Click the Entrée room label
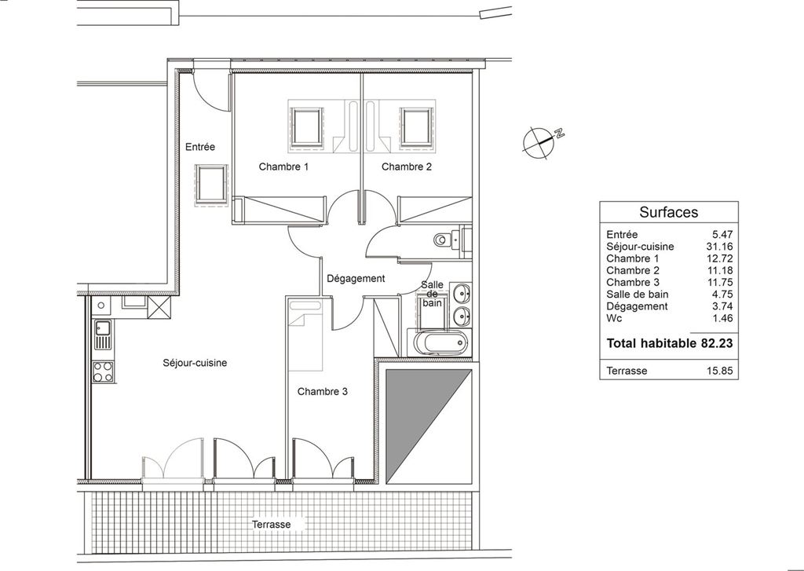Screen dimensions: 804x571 coord(200,147)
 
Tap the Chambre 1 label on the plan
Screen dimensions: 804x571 coord(283,167)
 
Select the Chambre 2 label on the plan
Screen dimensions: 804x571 coord(407,167)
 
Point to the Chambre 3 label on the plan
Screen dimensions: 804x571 coord(323,392)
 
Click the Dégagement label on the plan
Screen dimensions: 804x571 coord(356,279)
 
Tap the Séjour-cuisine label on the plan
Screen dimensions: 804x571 coord(195,363)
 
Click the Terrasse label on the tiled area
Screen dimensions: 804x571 coord(271,525)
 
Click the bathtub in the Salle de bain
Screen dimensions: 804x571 coord(441,343)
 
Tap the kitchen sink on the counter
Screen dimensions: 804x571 coord(103,335)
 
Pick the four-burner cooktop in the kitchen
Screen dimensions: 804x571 coord(103,372)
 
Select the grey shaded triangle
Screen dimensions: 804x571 coord(429,426)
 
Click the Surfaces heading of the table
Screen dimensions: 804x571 coord(669,212)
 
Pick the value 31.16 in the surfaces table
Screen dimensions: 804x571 coord(720,247)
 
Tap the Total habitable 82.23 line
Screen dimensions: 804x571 coord(670,343)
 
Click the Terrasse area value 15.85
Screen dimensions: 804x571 coord(720,371)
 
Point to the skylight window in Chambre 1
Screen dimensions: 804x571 coord(307,127)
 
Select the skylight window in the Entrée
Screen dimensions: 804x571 coord(211,184)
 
